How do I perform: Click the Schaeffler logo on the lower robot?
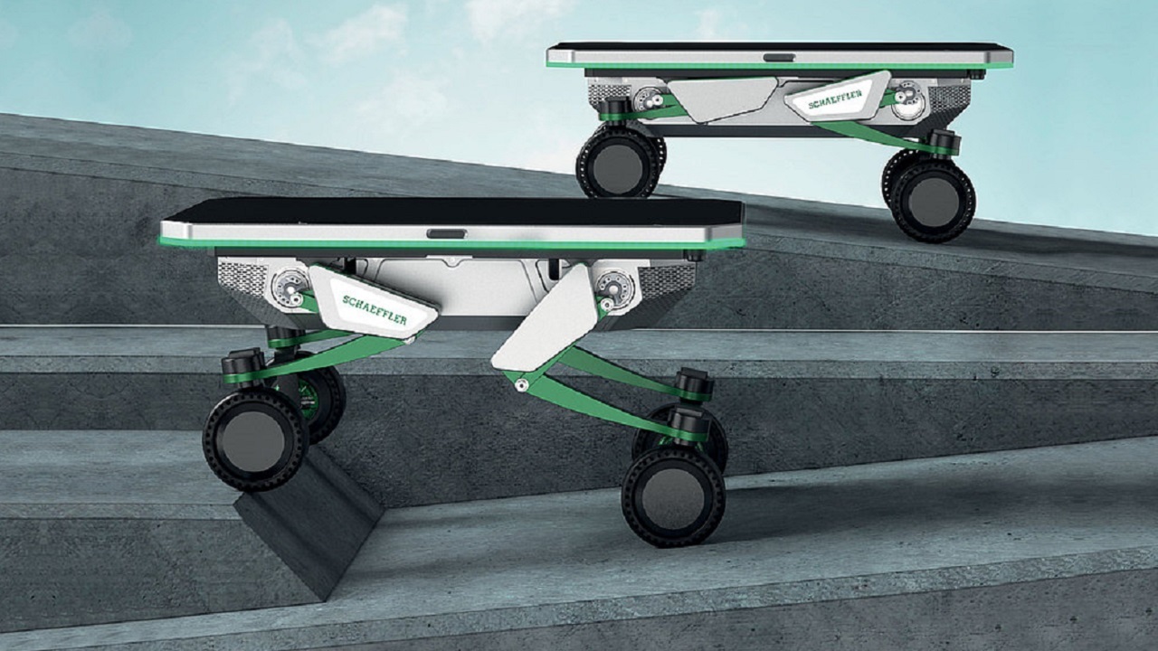pyautogui.click(x=375, y=310)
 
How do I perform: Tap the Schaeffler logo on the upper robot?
pyautogui.click(x=835, y=99)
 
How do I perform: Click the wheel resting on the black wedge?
pyautogui.click(x=255, y=439)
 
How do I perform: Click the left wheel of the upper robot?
pyautogui.click(x=619, y=162)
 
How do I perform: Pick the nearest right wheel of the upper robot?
pyautogui.click(x=934, y=201)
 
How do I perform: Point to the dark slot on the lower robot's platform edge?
pyautogui.click(x=447, y=234)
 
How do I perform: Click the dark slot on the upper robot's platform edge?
pyautogui.click(x=780, y=58)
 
